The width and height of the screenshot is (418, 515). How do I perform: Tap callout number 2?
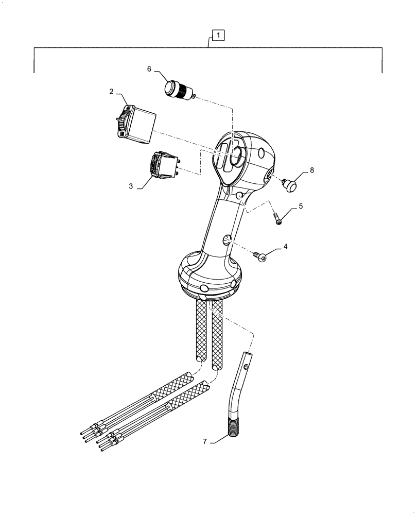tap(111, 92)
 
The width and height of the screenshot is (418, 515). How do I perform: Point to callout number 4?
tap(285, 246)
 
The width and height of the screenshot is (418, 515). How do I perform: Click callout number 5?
tap(301, 206)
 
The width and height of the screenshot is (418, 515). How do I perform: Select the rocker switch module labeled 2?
tap(135, 123)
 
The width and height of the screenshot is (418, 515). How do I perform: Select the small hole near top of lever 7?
tap(248, 367)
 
